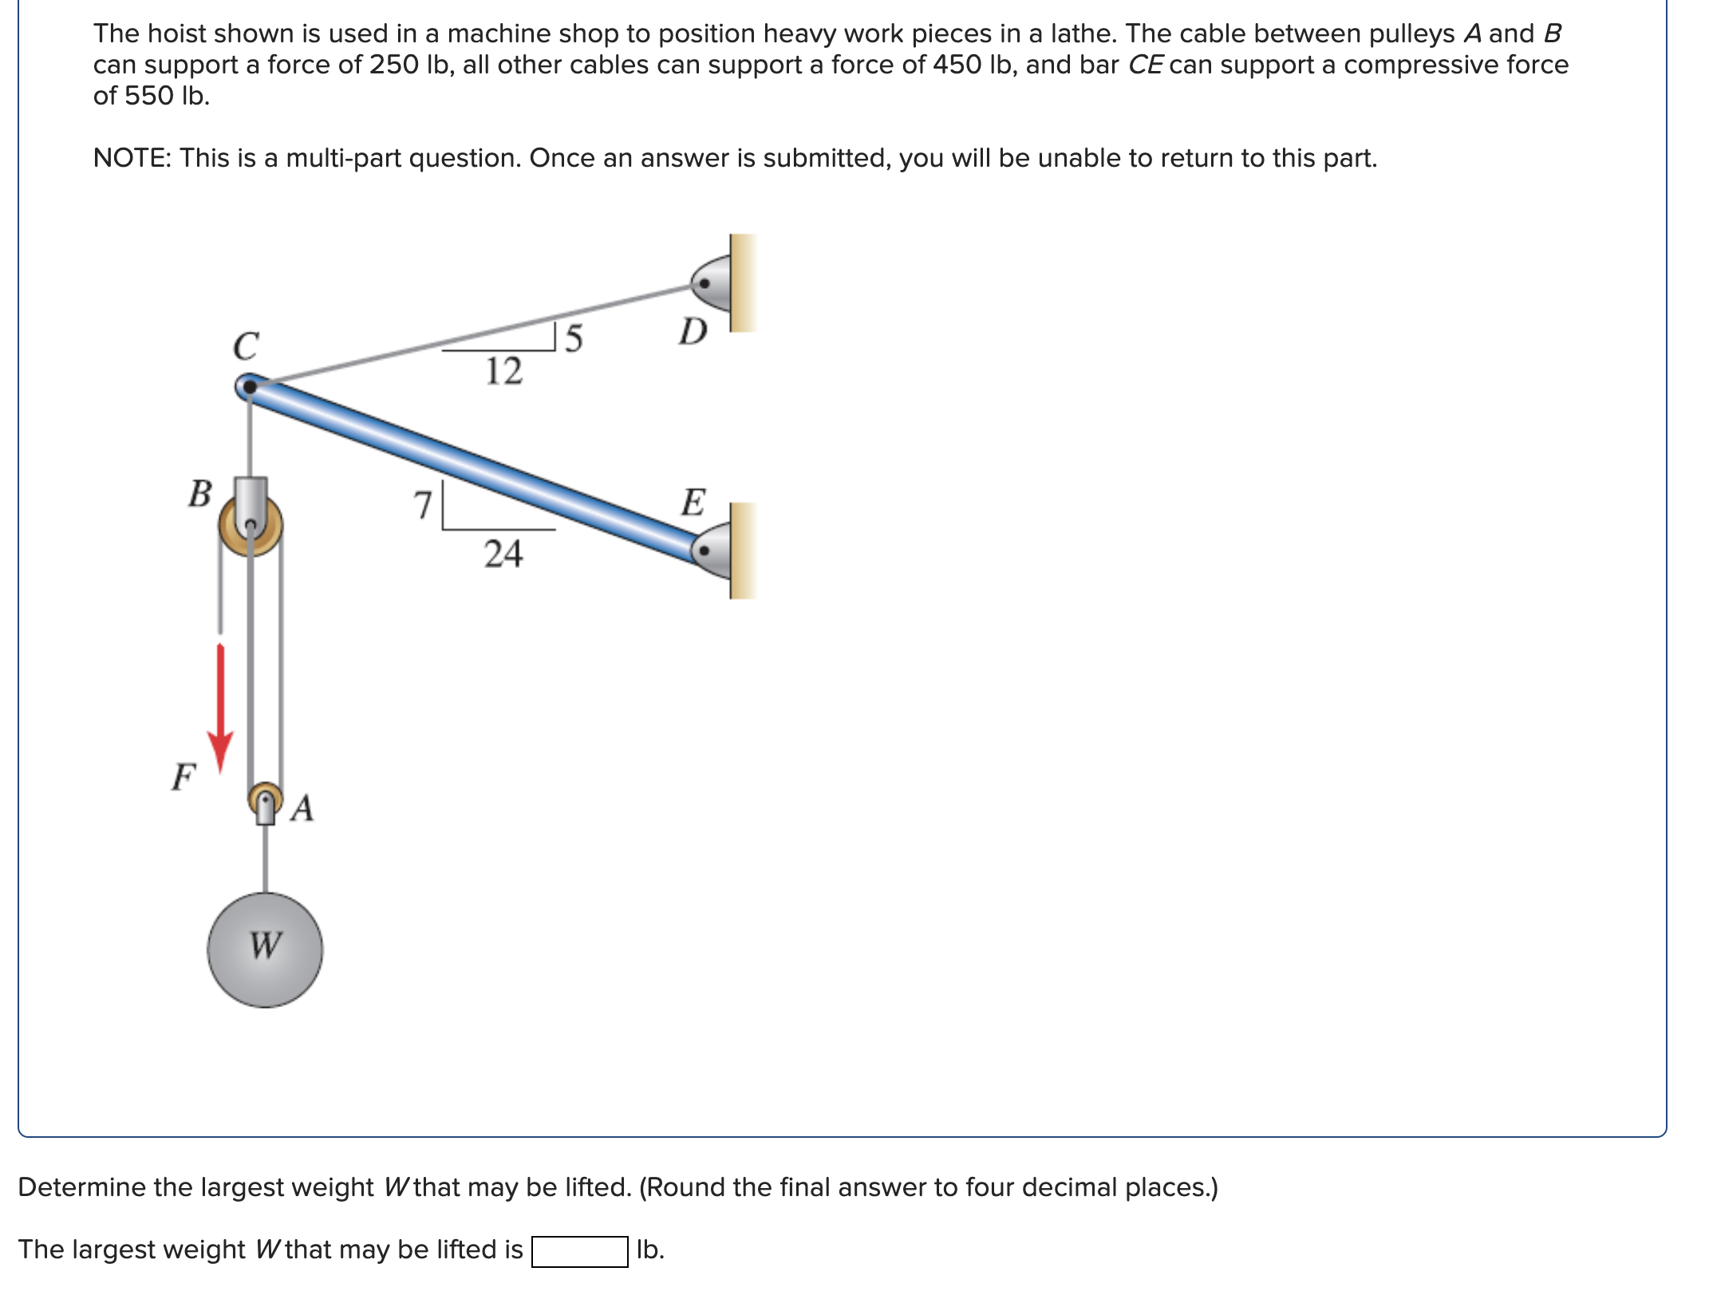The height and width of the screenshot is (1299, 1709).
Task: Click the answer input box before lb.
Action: [x=579, y=1250]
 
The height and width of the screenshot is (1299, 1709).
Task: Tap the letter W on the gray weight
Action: [x=265, y=946]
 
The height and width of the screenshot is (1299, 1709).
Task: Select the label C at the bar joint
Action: [x=246, y=346]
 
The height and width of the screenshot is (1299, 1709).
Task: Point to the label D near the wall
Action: [x=693, y=330]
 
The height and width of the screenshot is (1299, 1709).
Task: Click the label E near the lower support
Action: [x=693, y=503]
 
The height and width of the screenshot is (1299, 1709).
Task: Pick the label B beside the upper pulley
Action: [x=199, y=493]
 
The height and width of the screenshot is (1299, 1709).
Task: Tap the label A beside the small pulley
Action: [x=302, y=808]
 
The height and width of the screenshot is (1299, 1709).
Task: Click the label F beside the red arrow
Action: [x=184, y=776]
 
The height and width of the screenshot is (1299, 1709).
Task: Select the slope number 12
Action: [x=503, y=371]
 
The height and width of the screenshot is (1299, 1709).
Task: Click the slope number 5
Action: [x=574, y=339]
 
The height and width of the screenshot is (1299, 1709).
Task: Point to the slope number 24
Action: [x=503, y=554]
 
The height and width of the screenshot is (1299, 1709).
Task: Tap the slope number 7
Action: [x=422, y=505]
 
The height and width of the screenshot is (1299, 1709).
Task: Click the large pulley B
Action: [x=251, y=525]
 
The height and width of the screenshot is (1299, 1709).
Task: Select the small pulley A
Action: [x=265, y=798]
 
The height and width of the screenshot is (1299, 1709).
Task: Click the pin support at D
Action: [x=711, y=283]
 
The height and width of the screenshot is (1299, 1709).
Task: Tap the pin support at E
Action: [x=711, y=551]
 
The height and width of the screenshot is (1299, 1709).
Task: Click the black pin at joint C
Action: [x=250, y=388]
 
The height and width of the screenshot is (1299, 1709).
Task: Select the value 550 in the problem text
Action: [x=149, y=96]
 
